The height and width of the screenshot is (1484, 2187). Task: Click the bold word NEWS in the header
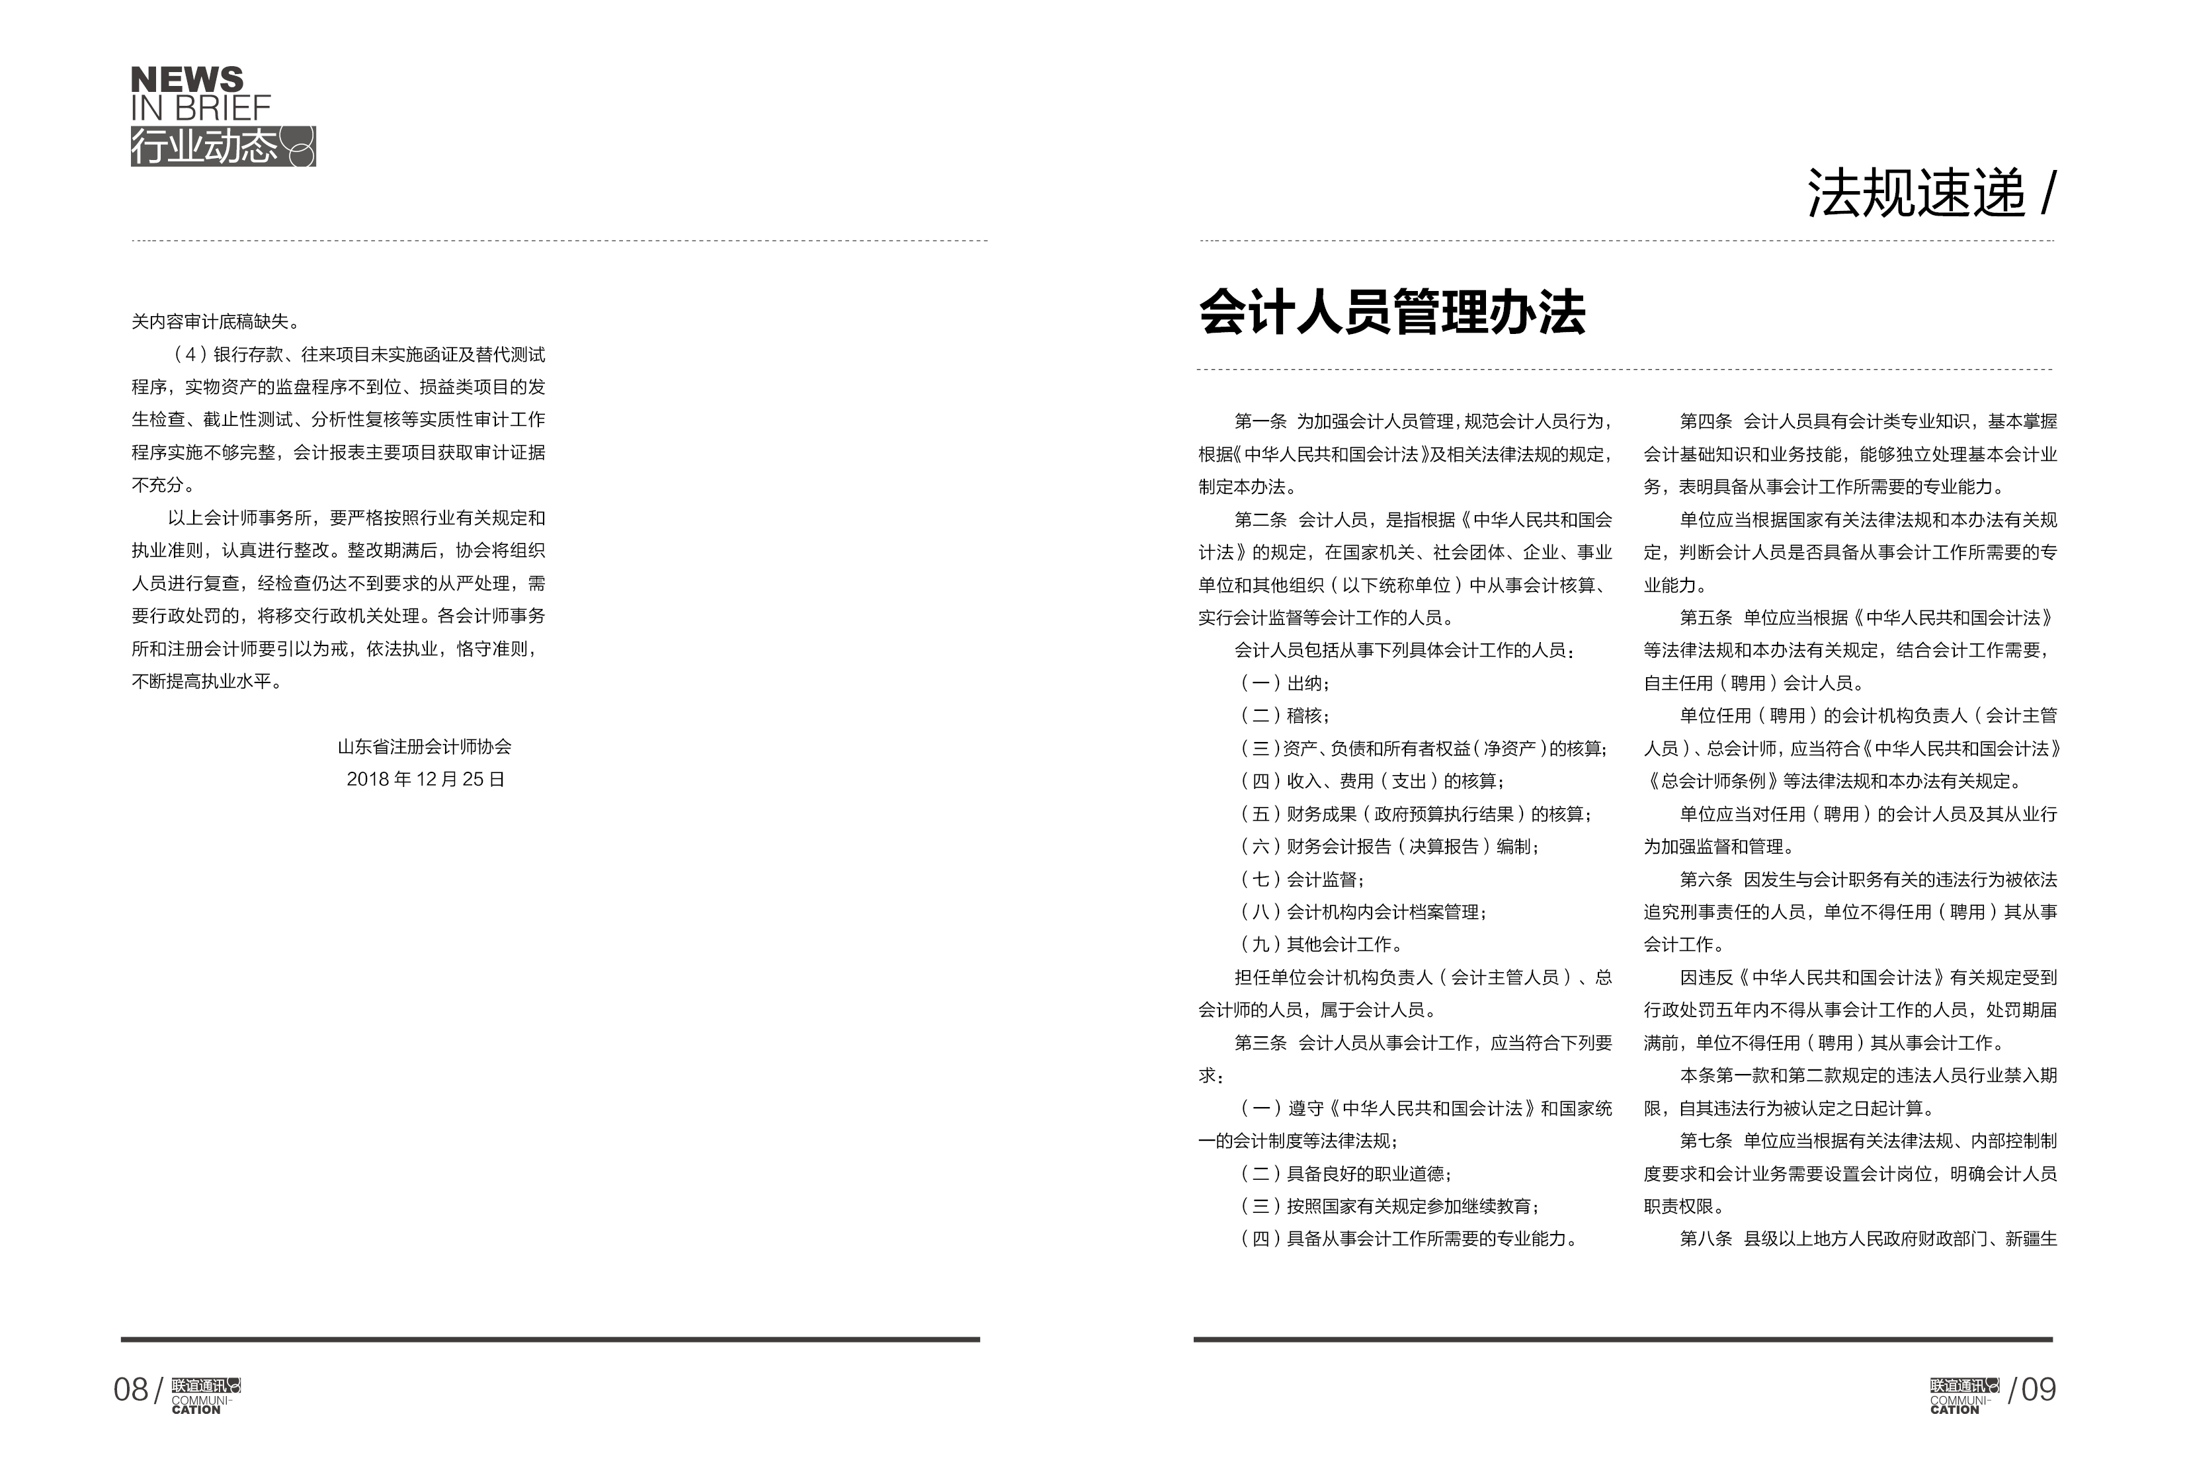(186, 79)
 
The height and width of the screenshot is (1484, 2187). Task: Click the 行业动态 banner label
(205, 147)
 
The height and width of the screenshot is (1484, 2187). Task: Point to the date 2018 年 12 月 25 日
(425, 779)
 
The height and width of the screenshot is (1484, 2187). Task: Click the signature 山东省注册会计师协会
(425, 746)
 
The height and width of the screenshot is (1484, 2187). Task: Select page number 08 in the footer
(131, 1389)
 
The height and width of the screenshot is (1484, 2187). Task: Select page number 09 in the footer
(2038, 1389)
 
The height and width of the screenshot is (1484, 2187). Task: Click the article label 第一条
(1260, 421)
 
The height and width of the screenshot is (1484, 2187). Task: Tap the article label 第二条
(1260, 519)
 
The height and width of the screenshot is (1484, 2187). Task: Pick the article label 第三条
(1260, 1043)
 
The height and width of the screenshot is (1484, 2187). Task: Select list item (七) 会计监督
(1302, 879)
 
